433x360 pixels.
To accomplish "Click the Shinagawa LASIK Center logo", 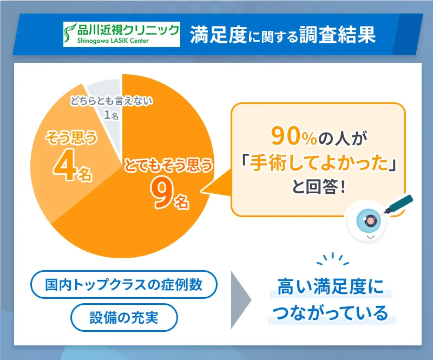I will [122, 34].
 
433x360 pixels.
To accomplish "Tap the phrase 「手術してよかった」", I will [318, 164].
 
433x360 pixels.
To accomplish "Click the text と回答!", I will [318, 189].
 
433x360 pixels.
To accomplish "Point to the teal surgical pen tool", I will [399, 205].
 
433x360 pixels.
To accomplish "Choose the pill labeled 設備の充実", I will [124, 317].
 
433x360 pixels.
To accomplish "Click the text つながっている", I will [331, 313].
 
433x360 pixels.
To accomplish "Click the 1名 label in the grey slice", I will [111, 115].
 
